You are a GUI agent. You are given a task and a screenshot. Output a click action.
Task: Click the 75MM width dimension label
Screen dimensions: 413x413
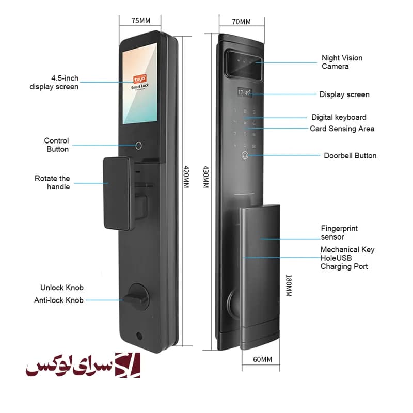(140, 21)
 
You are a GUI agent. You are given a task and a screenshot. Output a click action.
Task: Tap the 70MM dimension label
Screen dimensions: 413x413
(241, 22)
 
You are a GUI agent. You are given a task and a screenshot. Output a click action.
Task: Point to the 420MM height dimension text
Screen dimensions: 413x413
(186, 177)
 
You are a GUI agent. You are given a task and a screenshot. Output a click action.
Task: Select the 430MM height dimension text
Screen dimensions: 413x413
(205, 177)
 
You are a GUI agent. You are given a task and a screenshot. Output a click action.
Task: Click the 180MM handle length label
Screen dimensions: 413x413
(289, 285)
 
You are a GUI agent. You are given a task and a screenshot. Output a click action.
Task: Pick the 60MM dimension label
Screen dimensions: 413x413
(262, 359)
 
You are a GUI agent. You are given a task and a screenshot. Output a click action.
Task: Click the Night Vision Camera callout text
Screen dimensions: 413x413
(342, 62)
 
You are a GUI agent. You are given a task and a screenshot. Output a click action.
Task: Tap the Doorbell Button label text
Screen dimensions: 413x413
(350, 156)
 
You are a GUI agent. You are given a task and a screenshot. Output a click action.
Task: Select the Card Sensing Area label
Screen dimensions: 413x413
(342, 129)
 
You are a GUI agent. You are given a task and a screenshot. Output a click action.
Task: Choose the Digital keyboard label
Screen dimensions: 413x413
(339, 117)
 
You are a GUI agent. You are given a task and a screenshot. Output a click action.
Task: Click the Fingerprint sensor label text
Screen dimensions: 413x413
(339, 232)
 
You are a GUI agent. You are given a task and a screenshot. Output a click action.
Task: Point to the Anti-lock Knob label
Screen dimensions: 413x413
(58, 300)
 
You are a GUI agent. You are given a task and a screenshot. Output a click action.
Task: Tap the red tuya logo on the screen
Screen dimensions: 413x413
(139, 79)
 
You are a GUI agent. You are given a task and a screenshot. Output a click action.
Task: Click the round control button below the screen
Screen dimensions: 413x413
(138, 146)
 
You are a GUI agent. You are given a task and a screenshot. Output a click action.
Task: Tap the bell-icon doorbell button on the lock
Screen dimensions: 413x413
(245, 155)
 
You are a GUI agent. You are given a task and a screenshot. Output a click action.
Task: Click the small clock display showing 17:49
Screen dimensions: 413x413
(244, 92)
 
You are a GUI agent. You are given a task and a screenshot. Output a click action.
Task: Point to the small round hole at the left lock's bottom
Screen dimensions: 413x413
(139, 336)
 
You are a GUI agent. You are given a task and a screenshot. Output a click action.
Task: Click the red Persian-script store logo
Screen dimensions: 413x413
(83, 365)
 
